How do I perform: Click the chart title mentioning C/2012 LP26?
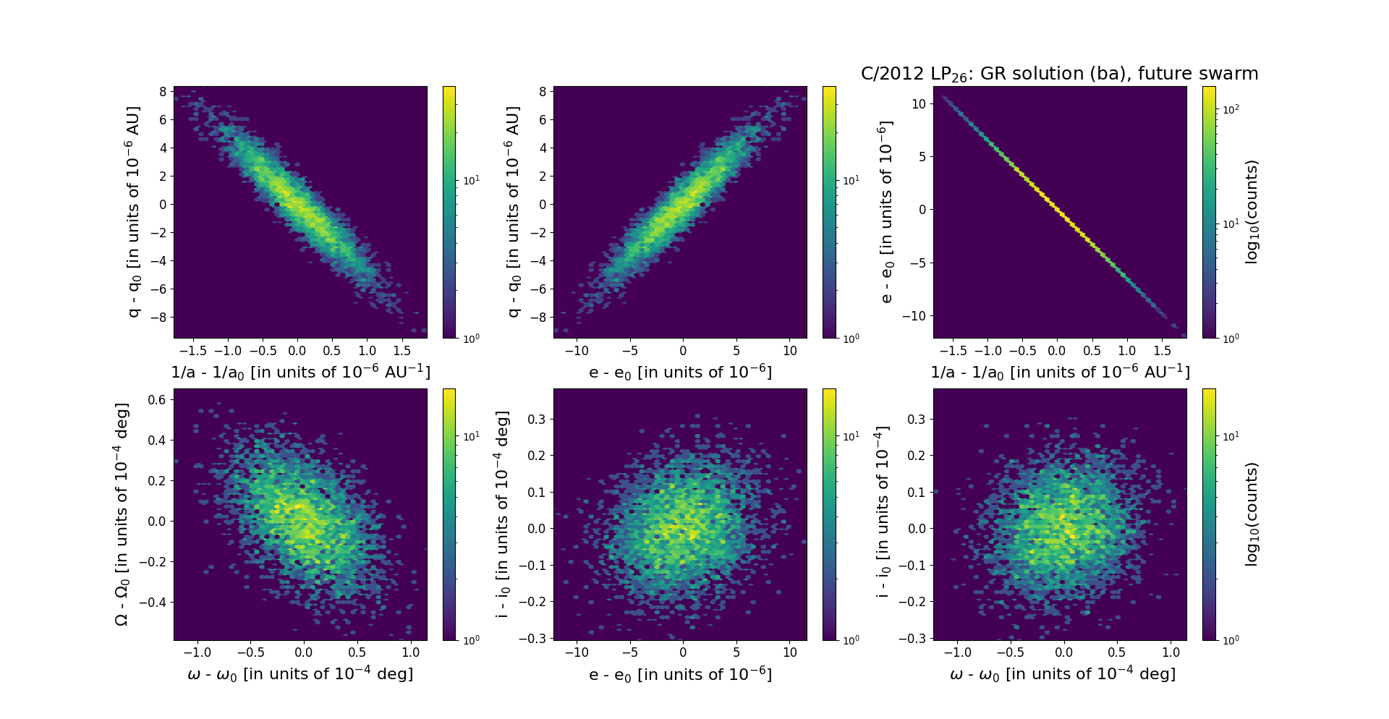(1059, 74)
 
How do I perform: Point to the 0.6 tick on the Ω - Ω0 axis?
(158, 400)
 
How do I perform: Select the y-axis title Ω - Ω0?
(122, 514)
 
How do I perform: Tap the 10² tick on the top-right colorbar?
(1230, 109)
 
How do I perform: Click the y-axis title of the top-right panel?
(885, 212)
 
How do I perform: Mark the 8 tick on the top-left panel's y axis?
(163, 92)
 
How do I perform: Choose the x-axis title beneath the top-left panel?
(300, 372)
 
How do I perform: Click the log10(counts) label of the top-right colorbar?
(1252, 212)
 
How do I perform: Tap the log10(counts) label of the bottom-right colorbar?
(1252, 514)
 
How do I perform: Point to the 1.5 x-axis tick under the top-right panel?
(1162, 351)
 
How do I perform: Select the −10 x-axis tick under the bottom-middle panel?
(577, 652)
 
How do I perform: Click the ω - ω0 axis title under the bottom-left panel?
(300, 674)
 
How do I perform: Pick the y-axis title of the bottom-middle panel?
(502, 514)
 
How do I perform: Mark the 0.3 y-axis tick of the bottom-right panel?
(917, 420)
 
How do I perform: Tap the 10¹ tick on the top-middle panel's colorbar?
(851, 180)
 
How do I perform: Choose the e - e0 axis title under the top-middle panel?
(680, 372)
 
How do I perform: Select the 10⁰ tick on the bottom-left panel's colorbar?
(471, 640)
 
